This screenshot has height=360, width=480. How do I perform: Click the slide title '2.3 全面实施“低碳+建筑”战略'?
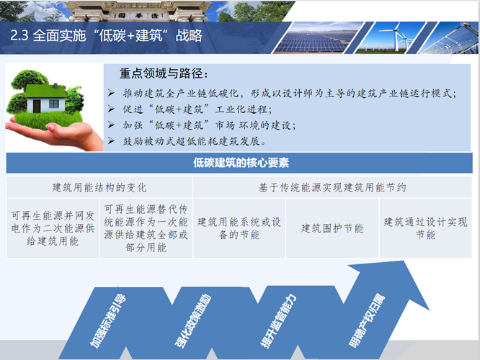[x=106, y=36]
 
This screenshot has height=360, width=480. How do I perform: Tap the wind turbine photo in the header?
[x=390, y=38]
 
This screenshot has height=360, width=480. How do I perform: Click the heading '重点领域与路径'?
[x=164, y=73]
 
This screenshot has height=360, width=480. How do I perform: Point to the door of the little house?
[x=37, y=106]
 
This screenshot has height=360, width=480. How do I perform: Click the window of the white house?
[x=53, y=104]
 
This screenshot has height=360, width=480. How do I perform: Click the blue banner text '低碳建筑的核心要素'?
[x=241, y=163]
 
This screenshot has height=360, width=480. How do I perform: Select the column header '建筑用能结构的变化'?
[x=99, y=187]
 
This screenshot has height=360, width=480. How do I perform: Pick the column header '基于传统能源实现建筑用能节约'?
[x=332, y=187]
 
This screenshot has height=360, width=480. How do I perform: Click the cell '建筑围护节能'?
[x=332, y=228]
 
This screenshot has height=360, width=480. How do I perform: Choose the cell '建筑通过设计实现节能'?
[x=425, y=228]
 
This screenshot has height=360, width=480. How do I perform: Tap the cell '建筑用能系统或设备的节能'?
[x=239, y=228]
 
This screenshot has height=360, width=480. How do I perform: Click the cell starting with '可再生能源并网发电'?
[x=53, y=228]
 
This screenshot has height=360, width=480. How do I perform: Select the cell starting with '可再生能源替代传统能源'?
[x=146, y=228]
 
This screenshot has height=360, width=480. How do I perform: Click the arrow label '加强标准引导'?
[x=108, y=321]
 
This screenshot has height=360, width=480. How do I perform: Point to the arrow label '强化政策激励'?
[x=193, y=321]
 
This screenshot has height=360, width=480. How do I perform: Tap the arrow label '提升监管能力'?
[x=278, y=321]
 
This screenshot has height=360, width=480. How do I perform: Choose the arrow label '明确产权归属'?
[x=367, y=321]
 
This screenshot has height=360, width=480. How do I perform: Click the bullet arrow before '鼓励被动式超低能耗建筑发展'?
[x=111, y=141]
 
